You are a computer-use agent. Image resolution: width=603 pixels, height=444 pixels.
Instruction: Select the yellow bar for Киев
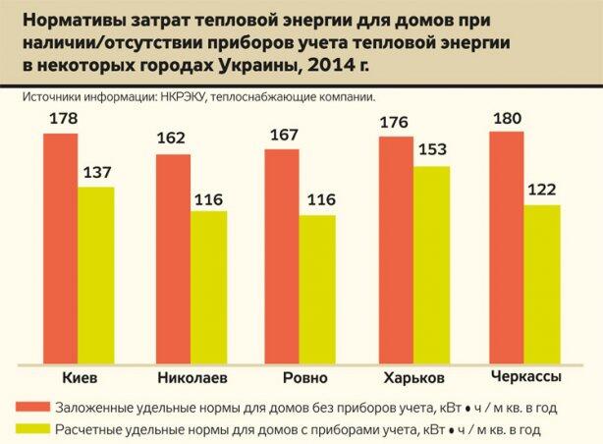pos(96,275)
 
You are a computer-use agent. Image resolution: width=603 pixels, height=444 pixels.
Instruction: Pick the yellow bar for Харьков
pos(432,265)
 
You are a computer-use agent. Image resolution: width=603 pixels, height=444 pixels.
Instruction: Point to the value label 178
pos(61,120)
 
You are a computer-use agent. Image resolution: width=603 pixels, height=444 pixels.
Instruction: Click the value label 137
pos(96,174)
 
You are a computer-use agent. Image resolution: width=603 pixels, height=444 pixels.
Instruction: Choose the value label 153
pos(433,153)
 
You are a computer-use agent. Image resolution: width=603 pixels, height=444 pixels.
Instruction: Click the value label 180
pos(507,119)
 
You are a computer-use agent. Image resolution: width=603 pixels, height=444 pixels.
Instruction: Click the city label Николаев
pos(192,378)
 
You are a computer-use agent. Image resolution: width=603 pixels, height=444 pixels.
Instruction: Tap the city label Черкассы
pos(524,377)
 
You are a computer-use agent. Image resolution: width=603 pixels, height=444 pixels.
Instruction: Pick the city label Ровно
pos(299,378)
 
